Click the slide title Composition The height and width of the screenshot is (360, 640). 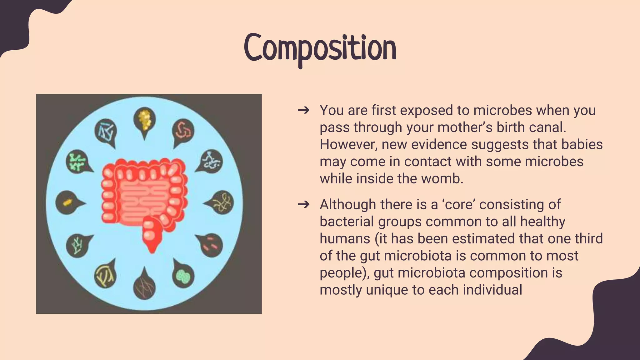point(320,48)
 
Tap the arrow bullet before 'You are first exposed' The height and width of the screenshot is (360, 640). point(303,110)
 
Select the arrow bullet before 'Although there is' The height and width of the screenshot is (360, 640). point(303,205)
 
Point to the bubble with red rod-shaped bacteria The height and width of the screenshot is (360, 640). point(211,244)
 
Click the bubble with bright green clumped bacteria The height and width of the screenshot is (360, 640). point(77,161)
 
